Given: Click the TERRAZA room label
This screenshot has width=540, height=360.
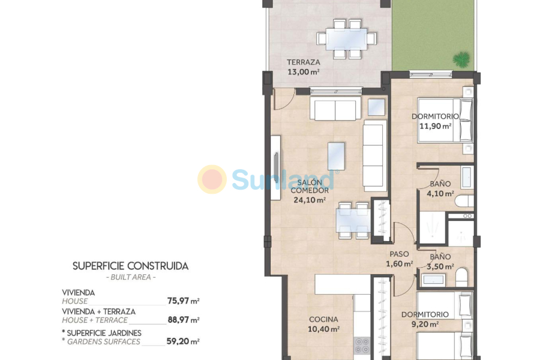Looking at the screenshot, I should (x=303, y=62).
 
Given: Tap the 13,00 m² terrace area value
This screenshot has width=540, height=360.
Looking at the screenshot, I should (x=303, y=71).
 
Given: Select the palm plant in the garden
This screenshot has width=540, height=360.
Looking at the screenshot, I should (x=461, y=59).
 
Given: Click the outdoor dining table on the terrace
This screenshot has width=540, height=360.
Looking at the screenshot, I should (x=346, y=39).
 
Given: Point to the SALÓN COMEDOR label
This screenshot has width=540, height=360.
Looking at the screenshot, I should (x=310, y=186).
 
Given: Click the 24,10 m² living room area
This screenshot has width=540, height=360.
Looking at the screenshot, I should (x=310, y=200).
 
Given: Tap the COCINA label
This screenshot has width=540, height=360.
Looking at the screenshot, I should (x=323, y=319).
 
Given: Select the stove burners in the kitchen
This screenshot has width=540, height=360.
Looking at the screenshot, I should (x=362, y=345).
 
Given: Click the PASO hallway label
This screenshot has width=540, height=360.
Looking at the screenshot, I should (x=399, y=254).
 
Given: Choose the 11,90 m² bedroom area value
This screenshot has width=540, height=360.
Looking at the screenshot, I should (x=435, y=126).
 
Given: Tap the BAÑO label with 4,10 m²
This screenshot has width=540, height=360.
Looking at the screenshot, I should (x=440, y=184).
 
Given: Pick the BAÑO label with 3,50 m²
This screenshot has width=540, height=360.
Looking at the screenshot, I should (x=440, y=257).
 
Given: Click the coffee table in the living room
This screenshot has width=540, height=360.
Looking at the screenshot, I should (x=337, y=155).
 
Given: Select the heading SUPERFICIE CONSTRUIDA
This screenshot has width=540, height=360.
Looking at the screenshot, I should (x=130, y=265).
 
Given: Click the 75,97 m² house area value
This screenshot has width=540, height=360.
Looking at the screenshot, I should (x=184, y=301).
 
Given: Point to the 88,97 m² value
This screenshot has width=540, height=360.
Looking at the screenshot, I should (x=184, y=320).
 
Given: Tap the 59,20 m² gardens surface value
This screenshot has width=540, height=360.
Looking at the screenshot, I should (x=184, y=341).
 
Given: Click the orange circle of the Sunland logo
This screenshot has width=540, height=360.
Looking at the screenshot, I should (x=212, y=179).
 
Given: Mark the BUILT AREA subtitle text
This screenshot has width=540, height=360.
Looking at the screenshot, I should (x=130, y=277).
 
